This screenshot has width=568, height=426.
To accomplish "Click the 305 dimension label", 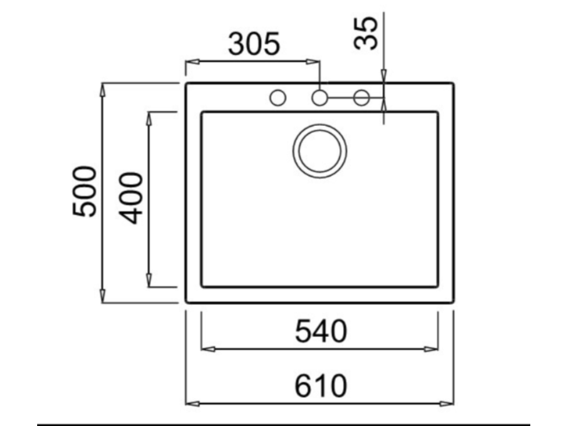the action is [x=254, y=44].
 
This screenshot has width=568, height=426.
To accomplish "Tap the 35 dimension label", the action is [x=366, y=33].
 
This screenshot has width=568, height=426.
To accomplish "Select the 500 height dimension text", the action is [x=85, y=191].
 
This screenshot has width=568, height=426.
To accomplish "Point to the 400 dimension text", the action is [x=131, y=198].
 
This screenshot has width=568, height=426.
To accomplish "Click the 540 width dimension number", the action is [x=321, y=332].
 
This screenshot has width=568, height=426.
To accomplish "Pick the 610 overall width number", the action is [x=321, y=386].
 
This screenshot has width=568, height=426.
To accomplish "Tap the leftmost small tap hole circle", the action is [x=278, y=98].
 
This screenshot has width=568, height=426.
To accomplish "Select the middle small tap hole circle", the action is [x=319, y=98].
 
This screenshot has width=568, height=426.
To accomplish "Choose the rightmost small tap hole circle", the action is [x=361, y=98].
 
